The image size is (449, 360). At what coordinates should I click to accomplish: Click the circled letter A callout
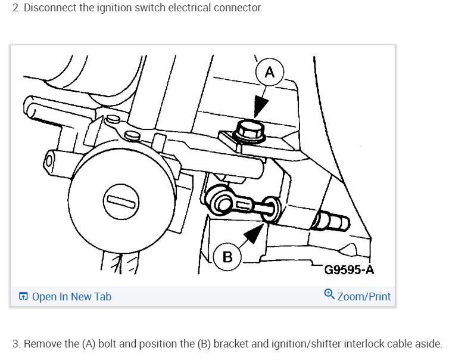(269, 72)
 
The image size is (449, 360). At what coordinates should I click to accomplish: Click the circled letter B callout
(227, 256)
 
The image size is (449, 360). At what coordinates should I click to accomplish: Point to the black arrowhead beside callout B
(254, 232)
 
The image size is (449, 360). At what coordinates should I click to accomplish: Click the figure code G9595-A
(349, 270)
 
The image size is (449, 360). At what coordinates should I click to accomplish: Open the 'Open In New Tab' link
(71, 297)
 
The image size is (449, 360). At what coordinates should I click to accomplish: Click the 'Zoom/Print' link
(364, 297)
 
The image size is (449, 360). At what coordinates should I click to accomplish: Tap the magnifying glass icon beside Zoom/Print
(329, 294)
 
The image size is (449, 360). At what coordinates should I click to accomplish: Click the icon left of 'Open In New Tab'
(23, 296)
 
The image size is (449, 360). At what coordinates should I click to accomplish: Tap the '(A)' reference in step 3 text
(89, 344)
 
